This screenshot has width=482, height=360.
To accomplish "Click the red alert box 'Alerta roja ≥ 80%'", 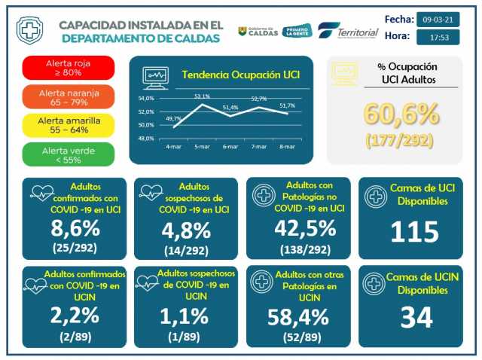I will pos(69,68).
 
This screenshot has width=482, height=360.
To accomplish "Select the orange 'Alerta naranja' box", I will pos(69,96).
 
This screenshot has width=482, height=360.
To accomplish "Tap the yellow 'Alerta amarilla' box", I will pos(69,125).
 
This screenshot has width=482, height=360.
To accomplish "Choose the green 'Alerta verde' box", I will pos(69,154).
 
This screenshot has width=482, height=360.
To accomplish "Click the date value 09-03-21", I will pos(438,18).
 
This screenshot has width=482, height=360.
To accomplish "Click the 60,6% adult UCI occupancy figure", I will pos(401,114).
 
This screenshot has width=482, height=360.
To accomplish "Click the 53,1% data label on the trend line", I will pos(202,97).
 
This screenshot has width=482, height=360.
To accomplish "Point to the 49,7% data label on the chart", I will pos(173,118).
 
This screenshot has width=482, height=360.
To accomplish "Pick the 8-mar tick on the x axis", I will pos(288,146).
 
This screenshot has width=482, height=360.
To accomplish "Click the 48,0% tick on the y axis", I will pos(146,139).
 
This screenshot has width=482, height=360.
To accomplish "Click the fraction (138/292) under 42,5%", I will pos(297,249).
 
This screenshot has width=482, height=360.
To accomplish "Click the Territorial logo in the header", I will pos(348,32).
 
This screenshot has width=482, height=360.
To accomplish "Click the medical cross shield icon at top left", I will pos(29,31).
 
